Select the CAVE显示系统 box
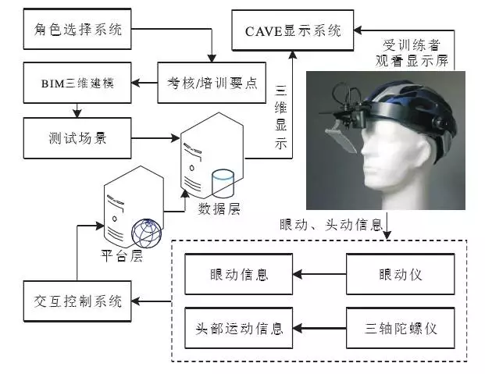(293, 31)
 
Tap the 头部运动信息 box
(239, 327)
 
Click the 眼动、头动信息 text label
(331, 224)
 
